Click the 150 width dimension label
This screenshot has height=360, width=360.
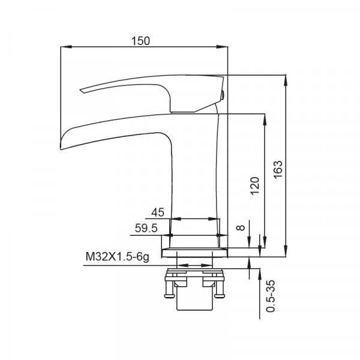(140, 41)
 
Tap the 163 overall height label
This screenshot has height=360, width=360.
(278, 170)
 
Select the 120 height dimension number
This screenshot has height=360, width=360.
(255, 186)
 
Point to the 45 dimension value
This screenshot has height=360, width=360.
(158, 212)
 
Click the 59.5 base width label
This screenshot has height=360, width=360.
(146, 228)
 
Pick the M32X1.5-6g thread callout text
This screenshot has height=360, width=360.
(118, 257)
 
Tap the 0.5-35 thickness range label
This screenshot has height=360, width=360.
(270, 296)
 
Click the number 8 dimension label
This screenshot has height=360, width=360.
(241, 227)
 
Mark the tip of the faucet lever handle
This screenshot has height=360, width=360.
(80, 90)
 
